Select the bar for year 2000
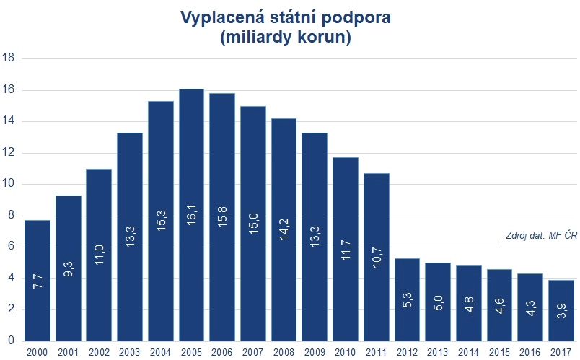pyautogui.click(x=38, y=281)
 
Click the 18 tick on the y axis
pyautogui.click(x=9, y=58)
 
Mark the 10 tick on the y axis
pyautogui.click(x=9, y=185)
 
